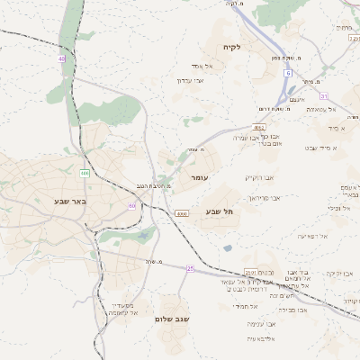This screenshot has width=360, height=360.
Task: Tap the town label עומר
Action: pyautogui.click(x=199, y=178)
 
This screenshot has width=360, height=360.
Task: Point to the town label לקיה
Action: pyautogui.click(x=233, y=46)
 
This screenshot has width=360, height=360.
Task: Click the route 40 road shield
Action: pyautogui.click(x=62, y=58)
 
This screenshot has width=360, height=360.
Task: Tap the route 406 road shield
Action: pyautogui.click(x=85, y=172)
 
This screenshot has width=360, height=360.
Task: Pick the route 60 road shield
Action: pyautogui.click(x=131, y=206)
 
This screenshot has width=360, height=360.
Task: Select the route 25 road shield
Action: pyautogui.click(x=191, y=268)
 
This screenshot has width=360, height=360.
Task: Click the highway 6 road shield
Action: pyautogui.click(x=288, y=71)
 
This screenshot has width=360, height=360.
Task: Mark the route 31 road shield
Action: pyautogui.click(x=323, y=96)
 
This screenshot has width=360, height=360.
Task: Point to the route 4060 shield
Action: pyautogui.click(x=183, y=213)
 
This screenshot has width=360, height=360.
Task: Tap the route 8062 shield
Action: pyautogui.click(x=259, y=128)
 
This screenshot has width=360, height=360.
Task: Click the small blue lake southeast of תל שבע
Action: pyautogui.click(x=228, y=247)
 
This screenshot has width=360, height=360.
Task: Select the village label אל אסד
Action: pyautogui.click(x=201, y=66)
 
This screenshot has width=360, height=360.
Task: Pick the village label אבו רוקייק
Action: pyautogui.click(x=258, y=177)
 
